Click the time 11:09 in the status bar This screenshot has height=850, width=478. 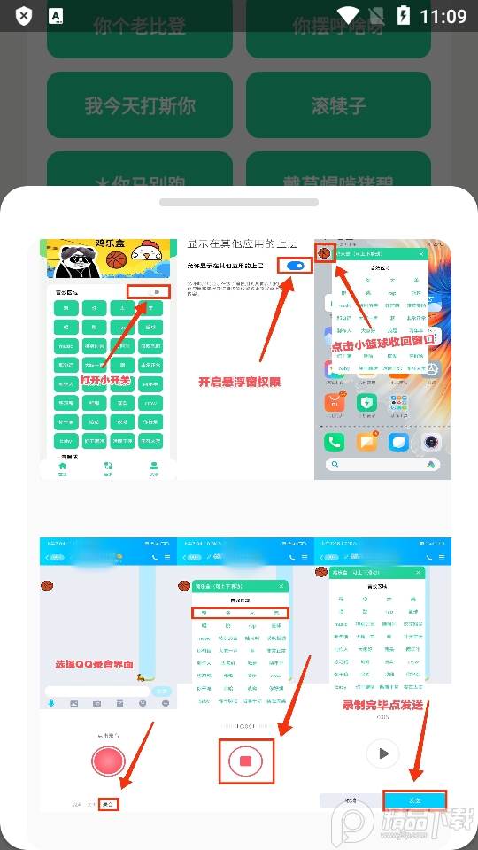pos(443,15)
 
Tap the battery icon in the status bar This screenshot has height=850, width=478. pos(405,15)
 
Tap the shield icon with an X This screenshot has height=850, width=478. pos(24,16)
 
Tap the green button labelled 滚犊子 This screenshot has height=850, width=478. pos(338,106)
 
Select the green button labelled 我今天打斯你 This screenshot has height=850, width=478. pos(140,106)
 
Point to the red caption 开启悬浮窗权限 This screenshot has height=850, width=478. pos(239,382)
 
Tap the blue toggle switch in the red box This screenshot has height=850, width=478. pos(296,266)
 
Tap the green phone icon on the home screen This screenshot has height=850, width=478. pos(334,441)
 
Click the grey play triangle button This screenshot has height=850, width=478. pos(382,753)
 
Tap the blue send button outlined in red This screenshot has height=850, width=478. pos(414,800)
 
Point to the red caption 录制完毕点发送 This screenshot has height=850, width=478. pos(382,705)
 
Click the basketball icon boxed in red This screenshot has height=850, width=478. pos(324,252)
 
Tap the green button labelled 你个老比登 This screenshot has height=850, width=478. pos(140,27)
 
